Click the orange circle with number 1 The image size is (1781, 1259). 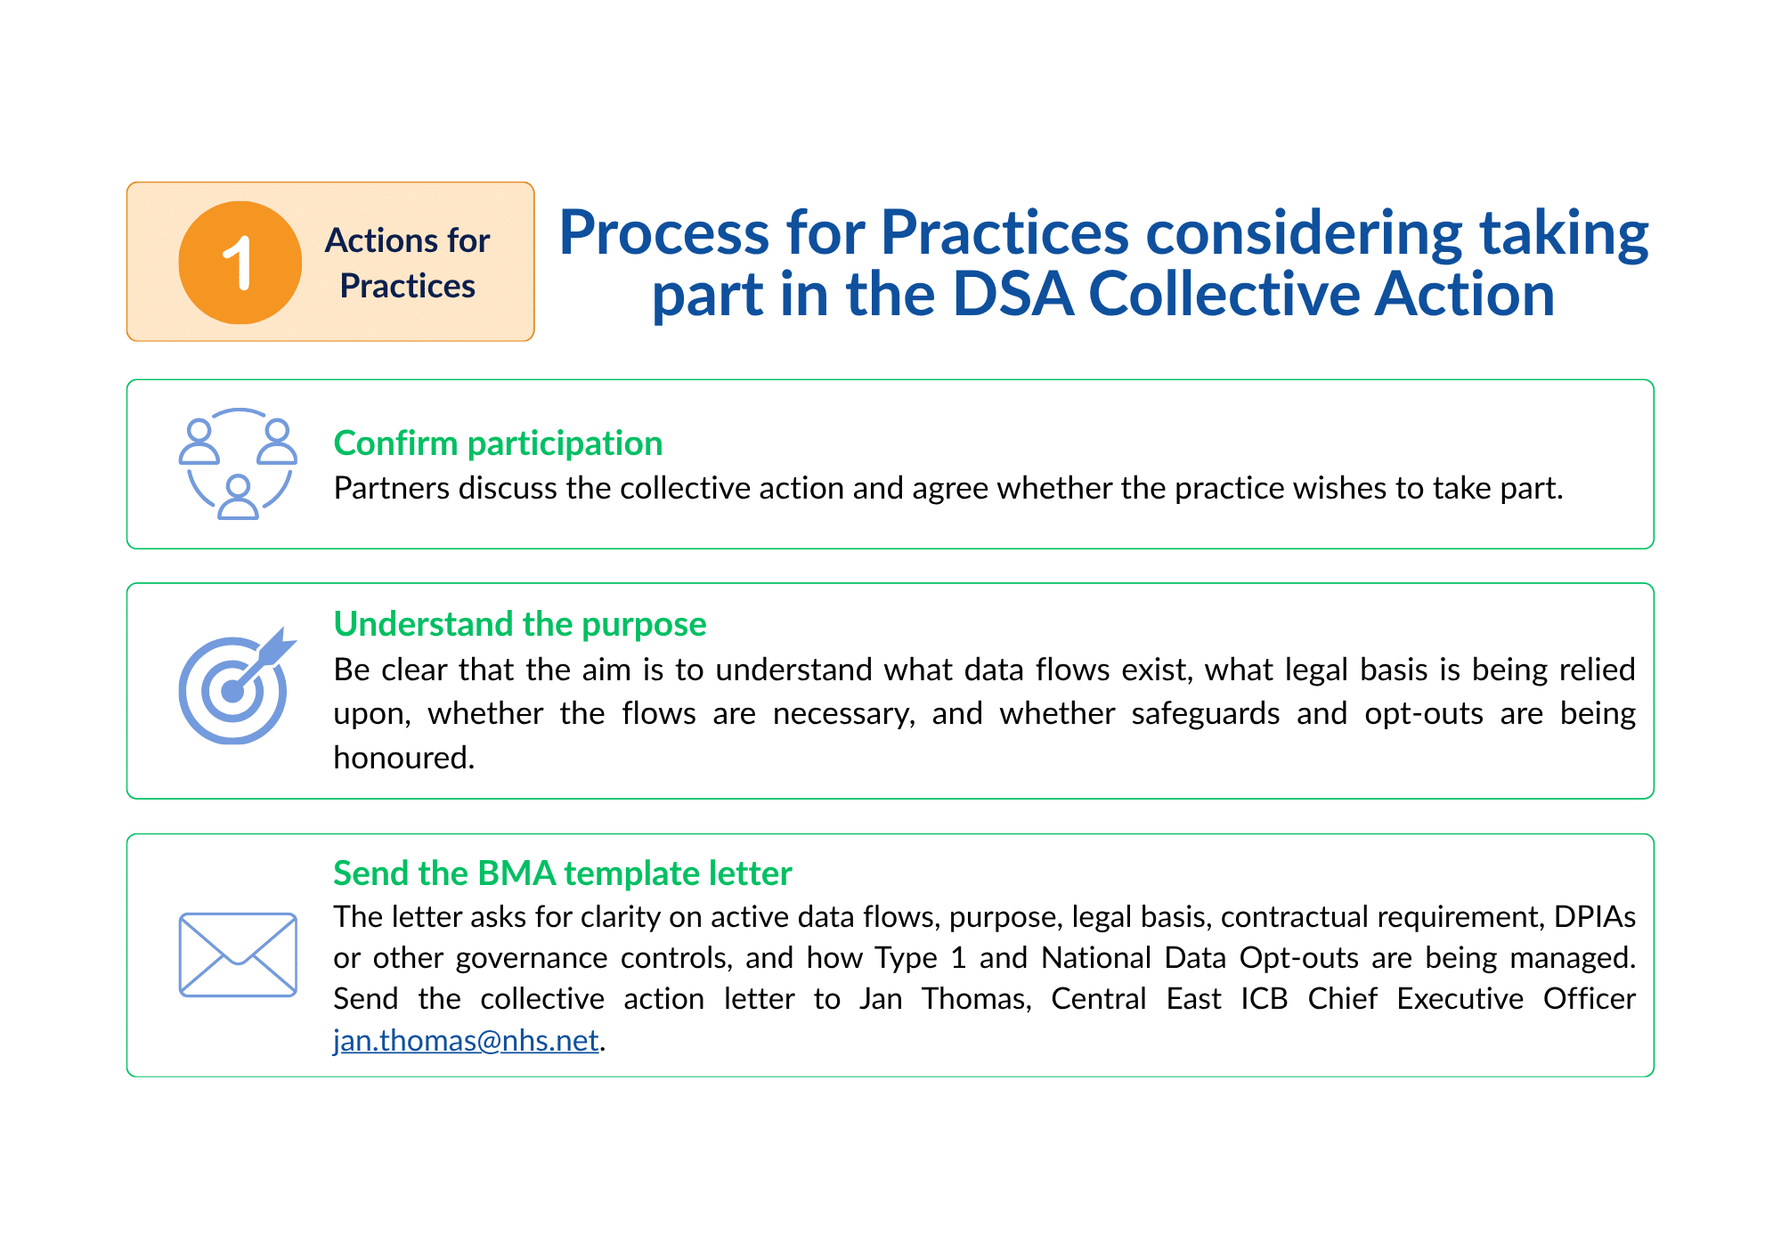pos(240,262)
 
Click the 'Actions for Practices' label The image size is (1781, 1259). pos(407,263)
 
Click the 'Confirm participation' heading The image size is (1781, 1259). pos(498,443)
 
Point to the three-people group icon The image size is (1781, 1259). pos(238,464)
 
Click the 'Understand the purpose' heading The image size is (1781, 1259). pos(520,623)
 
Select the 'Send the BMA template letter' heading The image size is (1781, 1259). pos(563,873)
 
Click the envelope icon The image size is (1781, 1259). pos(238,954)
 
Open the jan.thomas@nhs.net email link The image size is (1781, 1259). pos(466,1040)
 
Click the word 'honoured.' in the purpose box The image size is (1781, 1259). pos(404,758)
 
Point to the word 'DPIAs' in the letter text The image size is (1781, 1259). pos(1595,916)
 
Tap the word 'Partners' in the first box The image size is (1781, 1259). pos(392,488)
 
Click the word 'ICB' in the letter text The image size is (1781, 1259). pos(1265,998)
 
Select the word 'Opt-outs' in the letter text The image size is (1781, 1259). pos(1299,958)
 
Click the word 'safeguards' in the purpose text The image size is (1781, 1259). pos(1206,714)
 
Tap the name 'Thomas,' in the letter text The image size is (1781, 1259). pos(977,999)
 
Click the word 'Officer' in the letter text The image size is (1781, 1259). pos(1590,998)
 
